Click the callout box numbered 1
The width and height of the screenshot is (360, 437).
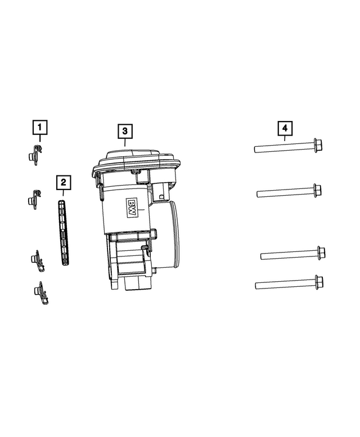[x=40, y=127]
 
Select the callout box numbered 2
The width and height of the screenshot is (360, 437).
[x=63, y=183]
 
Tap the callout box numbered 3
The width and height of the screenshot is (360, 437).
[x=125, y=131]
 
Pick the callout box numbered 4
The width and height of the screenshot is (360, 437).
[x=285, y=128]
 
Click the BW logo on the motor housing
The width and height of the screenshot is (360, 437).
[x=131, y=208]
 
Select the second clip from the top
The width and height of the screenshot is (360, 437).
[x=34, y=199]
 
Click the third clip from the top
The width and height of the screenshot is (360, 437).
[x=37, y=261]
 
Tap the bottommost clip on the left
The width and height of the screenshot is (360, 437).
[x=40, y=293]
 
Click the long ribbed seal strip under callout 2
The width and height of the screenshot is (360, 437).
[x=63, y=233]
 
